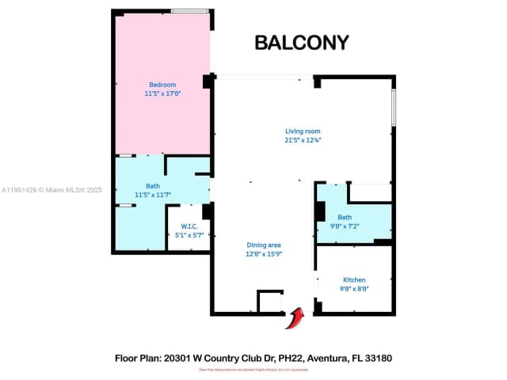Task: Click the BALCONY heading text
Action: pos(301,43)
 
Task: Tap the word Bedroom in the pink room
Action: pos(162,85)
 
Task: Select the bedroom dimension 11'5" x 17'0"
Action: pos(162,93)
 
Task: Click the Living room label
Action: pos(303,131)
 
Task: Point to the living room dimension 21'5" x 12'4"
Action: pos(303,139)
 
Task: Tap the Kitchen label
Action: pos(354,280)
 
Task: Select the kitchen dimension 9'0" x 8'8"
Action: pos(354,289)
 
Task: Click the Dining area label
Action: pos(264,245)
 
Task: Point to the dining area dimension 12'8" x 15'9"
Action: pos(264,254)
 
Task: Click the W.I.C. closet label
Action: pos(189,226)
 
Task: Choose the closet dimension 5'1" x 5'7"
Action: pos(189,235)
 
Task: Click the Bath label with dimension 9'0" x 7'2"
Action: pos(345,217)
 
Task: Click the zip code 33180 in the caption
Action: pos(378,359)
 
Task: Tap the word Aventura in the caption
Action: pos(324,359)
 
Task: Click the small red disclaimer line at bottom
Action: pos(253,370)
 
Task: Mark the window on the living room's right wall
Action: pos(393,107)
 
